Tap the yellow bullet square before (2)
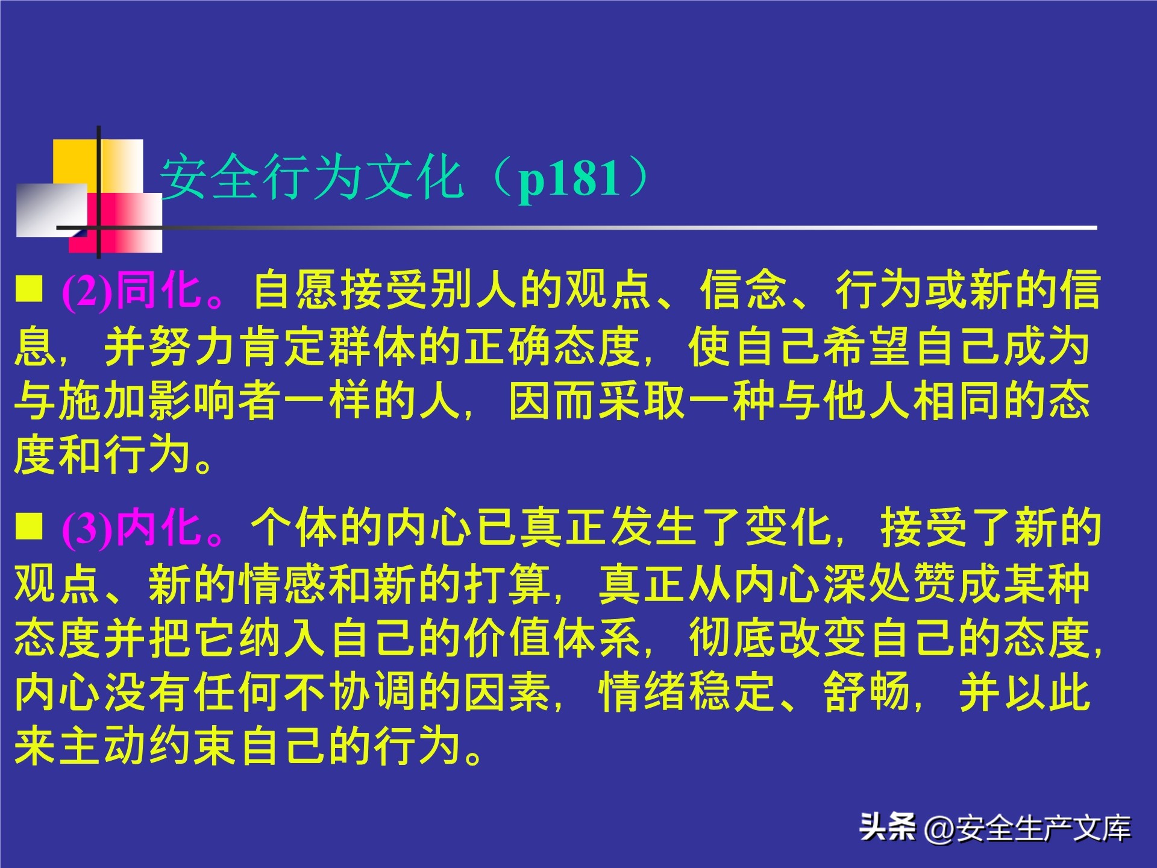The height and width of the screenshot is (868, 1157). point(29,288)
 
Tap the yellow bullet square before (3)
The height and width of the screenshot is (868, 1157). point(29,526)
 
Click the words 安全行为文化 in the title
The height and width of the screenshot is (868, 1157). point(312,177)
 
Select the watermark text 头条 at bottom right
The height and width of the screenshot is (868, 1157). point(887,826)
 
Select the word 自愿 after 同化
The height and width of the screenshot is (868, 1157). point(296,291)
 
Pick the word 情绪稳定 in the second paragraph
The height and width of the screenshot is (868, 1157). point(687,693)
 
